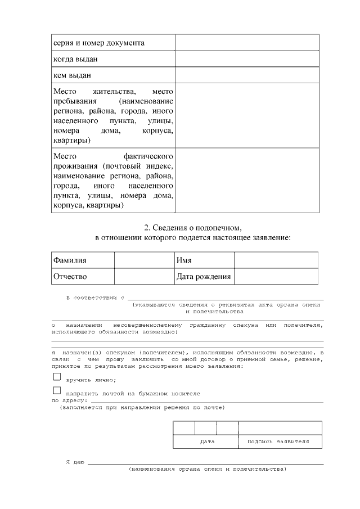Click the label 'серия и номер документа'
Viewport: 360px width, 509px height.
pos(99,43)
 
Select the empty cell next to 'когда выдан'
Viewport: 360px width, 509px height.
pos(247,58)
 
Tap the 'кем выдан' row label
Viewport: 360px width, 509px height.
pos(72,75)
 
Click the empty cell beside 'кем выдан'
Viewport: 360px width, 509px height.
pos(247,75)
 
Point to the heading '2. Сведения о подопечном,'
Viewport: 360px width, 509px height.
pos(193,228)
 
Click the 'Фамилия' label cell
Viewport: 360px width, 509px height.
pos(70,260)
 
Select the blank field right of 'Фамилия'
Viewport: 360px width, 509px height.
pos(144,260)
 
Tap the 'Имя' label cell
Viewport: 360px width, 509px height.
pos(184,260)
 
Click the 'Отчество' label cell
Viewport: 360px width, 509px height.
pos(70,277)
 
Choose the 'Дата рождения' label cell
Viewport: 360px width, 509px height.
pos(203,277)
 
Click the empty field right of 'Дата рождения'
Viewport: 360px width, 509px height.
pos(276,277)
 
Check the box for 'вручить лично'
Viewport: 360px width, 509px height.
pos(56,377)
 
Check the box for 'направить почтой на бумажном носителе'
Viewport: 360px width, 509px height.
pos(56,390)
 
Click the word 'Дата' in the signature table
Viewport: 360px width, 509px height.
pos(207,442)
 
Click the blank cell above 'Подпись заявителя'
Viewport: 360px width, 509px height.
pos(280,427)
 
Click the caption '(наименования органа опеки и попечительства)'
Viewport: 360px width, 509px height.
pos(207,469)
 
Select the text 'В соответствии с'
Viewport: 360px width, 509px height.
pos(95,297)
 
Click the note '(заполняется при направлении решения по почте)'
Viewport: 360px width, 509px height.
pos(142,407)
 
